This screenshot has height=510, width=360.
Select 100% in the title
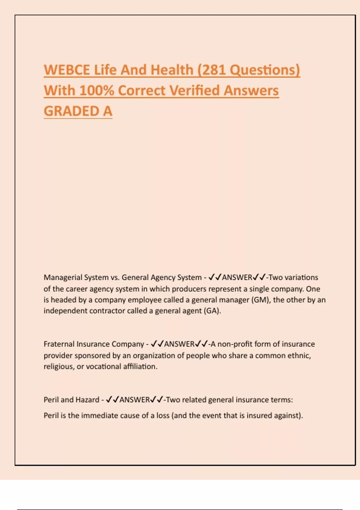(x=97, y=91)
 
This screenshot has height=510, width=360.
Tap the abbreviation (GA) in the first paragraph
(x=212, y=311)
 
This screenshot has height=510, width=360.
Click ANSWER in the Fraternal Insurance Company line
(x=179, y=344)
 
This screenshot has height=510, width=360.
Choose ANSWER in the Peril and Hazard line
(x=135, y=400)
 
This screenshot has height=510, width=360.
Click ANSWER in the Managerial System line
(x=237, y=277)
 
